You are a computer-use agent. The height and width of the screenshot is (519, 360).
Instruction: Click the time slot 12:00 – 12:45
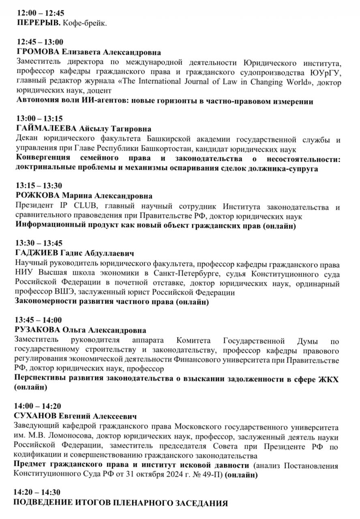41,13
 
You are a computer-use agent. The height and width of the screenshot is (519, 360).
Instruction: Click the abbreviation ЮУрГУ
327,73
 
